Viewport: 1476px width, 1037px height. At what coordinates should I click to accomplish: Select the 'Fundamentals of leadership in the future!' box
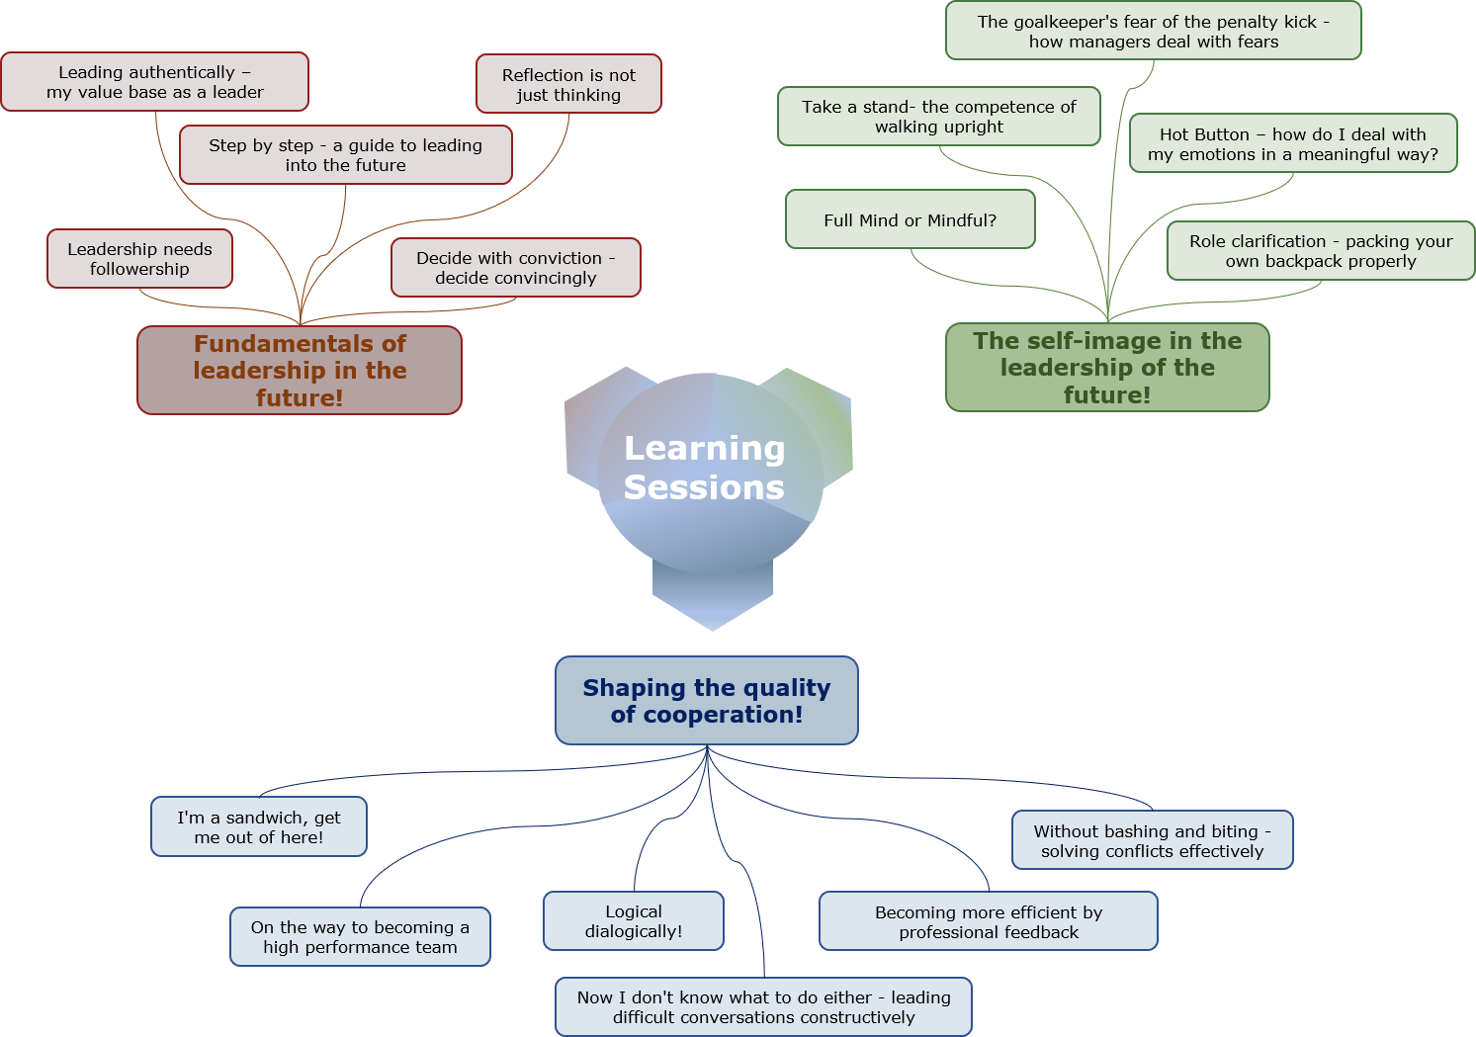[x=300, y=370]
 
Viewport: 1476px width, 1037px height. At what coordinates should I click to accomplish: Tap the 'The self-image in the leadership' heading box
[x=1107, y=367]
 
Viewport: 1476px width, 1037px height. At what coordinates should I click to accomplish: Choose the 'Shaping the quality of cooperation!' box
[x=707, y=700]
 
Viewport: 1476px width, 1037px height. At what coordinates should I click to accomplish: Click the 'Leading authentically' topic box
[x=155, y=82]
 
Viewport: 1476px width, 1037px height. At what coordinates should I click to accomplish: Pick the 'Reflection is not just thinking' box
[x=568, y=84]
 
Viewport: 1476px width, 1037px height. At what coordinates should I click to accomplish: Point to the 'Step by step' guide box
[x=346, y=154]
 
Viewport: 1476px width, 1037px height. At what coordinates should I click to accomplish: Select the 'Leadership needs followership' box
[x=139, y=259]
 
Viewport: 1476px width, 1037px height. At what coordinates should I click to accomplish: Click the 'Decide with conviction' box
[x=516, y=268]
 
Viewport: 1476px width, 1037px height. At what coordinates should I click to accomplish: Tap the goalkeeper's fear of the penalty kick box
[x=1153, y=31]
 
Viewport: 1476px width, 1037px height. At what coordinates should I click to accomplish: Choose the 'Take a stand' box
[x=939, y=117]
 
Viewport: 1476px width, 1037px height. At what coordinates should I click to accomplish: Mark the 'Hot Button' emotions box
[x=1293, y=143]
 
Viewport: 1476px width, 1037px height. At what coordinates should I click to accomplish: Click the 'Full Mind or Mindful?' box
[x=911, y=219]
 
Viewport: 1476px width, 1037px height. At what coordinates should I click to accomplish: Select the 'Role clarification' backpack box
[x=1321, y=251]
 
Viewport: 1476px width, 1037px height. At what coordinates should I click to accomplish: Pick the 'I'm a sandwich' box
[x=259, y=826]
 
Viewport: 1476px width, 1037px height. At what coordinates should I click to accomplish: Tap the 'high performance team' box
[x=360, y=937]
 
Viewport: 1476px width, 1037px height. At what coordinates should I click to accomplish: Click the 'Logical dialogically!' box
[x=634, y=921]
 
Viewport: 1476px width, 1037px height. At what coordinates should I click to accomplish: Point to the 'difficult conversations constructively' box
[x=763, y=1007]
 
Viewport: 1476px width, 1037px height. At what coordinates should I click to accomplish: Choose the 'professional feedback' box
[x=989, y=921]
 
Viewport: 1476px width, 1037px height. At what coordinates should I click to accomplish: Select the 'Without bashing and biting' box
[x=1153, y=840]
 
